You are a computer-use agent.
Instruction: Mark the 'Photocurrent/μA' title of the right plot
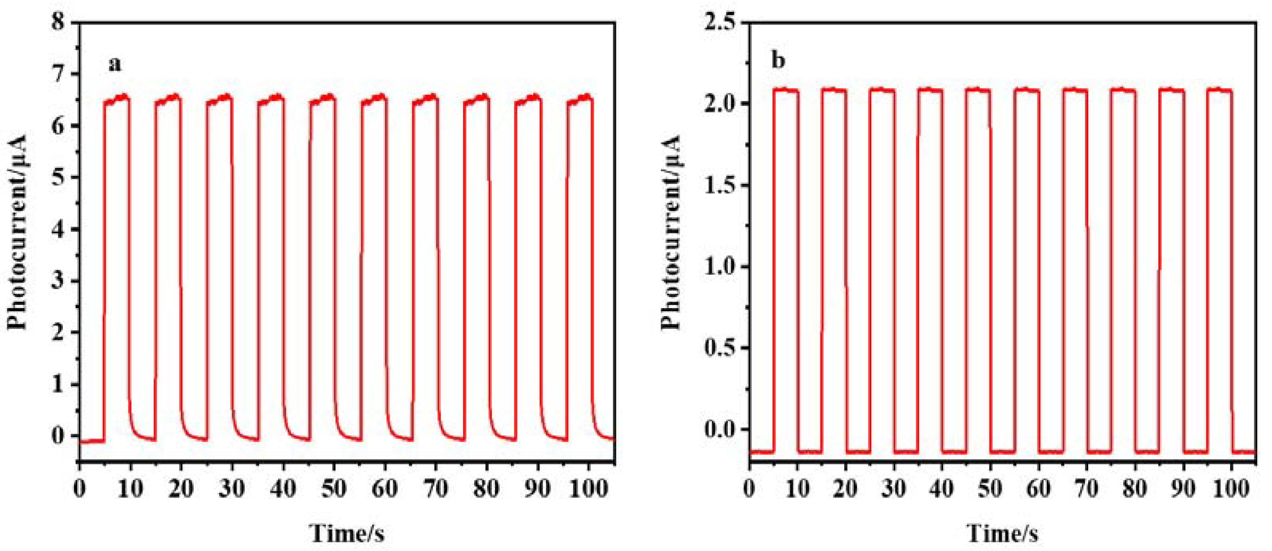pos(672,232)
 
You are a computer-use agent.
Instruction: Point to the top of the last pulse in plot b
pos(1219,90)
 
